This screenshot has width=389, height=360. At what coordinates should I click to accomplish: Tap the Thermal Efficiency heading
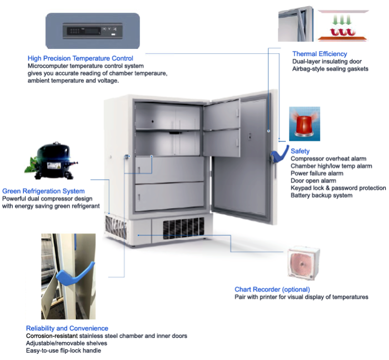[320, 53]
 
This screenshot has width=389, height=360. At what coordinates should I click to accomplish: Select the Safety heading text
[300, 151]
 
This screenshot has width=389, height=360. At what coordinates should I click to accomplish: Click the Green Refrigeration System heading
[43, 191]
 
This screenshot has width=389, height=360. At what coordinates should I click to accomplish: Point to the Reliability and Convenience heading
[67, 328]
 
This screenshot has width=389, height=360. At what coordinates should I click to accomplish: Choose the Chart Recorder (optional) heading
[272, 289]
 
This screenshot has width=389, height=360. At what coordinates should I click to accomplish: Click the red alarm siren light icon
[304, 124]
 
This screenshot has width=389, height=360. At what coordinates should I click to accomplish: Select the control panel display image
[93, 31]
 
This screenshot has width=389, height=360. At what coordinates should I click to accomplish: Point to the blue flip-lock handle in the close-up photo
[73, 275]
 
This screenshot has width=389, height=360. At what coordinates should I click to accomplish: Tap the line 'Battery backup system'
[321, 195]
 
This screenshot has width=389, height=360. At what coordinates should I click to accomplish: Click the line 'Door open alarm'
[313, 181]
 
